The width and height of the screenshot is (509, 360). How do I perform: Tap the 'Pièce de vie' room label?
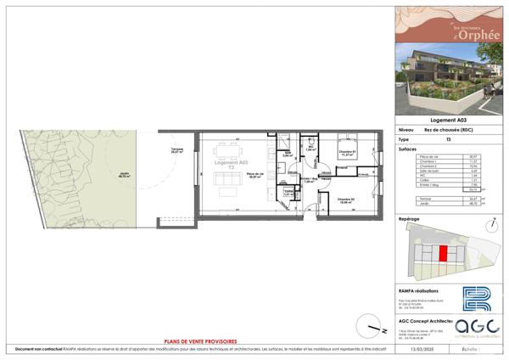pos(255,176)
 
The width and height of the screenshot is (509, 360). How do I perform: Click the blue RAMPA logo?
pos(476,300)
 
